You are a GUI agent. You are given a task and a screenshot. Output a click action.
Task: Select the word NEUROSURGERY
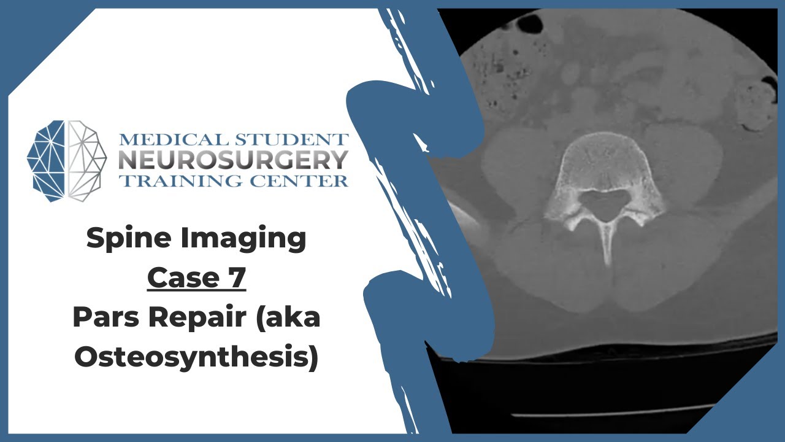[x=234, y=160]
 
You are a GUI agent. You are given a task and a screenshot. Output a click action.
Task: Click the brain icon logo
[x=67, y=160]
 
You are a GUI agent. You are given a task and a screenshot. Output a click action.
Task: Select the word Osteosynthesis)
[x=196, y=358]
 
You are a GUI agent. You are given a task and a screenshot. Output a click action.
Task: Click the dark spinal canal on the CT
[x=605, y=204]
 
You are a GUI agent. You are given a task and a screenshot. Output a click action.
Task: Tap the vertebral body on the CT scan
[x=604, y=163]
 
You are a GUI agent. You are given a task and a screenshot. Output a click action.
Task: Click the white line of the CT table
[x=613, y=412]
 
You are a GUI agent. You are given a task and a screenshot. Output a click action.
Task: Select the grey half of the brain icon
[x=86, y=160]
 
